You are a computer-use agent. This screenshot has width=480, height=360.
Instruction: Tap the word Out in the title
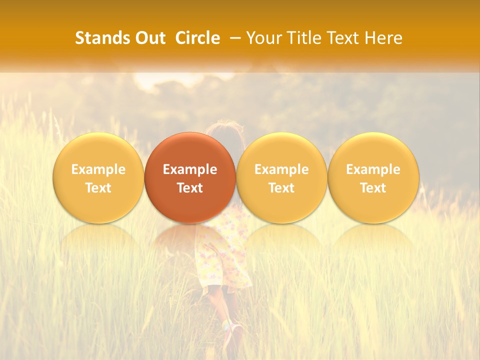click(x=148, y=38)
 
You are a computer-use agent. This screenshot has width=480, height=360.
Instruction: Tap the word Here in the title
click(x=385, y=38)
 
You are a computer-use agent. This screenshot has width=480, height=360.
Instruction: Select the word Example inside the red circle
click(x=190, y=169)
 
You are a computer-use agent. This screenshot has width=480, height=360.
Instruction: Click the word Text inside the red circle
click(x=190, y=188)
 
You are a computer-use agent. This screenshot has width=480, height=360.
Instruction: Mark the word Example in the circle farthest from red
click(x=373, y=169)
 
